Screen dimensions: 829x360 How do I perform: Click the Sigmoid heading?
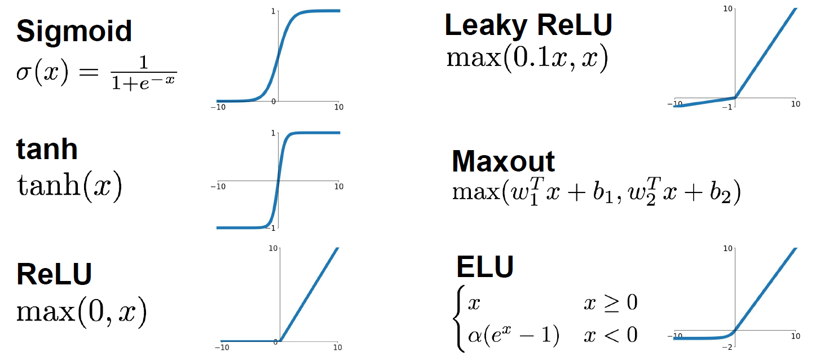click(x=74, y=31)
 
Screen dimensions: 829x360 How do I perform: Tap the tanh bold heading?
click(x=47, y=149)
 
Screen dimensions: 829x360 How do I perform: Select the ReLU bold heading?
click(x=54, y=274)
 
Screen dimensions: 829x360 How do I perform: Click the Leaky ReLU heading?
click(x=528, y=25)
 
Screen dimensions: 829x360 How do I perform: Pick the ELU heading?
click(x=485, y=266)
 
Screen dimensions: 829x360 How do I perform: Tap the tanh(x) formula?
click(x=69, y=188)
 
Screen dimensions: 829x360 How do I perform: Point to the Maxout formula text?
click(x=596, y=192)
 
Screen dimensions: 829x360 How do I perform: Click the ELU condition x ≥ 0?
click(x=610, y=304)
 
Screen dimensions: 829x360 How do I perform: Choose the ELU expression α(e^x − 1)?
click(x=513, y=335)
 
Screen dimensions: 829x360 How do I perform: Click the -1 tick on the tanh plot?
click(x=273, y=227)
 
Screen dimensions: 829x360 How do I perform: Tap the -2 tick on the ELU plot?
click(x=730, y=345)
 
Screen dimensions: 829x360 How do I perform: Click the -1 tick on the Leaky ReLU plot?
click(x=730, y=106)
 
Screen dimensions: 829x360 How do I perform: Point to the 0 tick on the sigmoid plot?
click(x=274, y=101)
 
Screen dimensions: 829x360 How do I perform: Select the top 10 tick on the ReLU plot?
click(x=273, y=248)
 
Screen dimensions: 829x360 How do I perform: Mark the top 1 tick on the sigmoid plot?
click(x=274, y=11)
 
